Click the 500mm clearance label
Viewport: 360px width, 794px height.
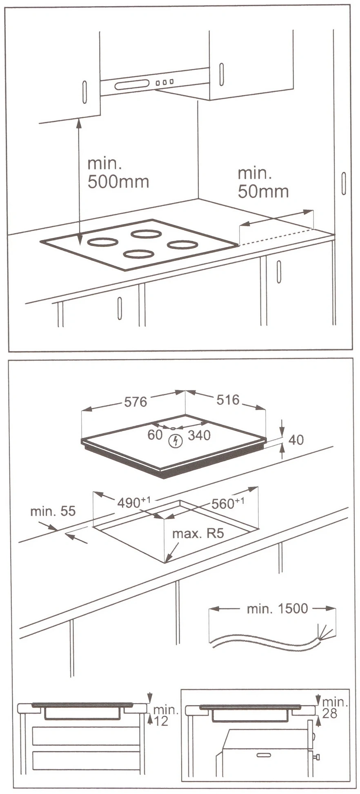tap(118, 173)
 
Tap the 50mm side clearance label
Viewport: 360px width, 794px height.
tap(263, 182)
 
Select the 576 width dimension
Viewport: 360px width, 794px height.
tap(136, 402)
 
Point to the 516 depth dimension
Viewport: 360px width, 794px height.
tap(228, 399)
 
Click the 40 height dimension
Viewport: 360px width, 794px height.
tap(296, 440)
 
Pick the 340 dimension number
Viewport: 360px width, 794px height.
tap(199, 435)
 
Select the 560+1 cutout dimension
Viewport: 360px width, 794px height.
tap(228, 503)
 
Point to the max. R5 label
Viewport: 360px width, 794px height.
tap(198, 534)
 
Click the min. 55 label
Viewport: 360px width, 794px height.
tap(53, 511)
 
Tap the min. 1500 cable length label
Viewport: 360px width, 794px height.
tap(277, 608)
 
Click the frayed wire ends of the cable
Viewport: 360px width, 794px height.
tap(325, 632)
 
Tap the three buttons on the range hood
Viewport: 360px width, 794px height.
tap(164, 82)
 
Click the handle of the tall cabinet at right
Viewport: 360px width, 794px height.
tap(344, 184)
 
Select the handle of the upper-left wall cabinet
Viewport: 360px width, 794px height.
tap(84, 92)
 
